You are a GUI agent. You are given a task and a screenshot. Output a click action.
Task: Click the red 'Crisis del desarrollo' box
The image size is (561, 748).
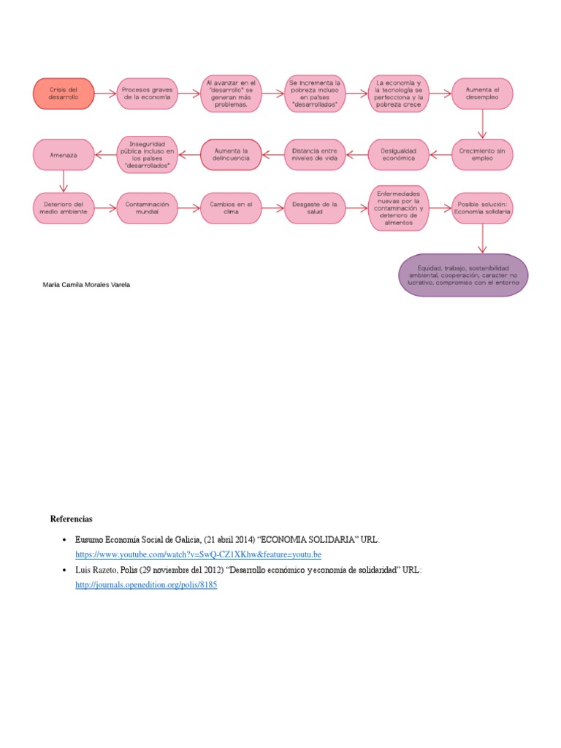click(64, 93)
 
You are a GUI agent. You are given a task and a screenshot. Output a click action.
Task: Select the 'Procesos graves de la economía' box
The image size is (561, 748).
click(147, 93)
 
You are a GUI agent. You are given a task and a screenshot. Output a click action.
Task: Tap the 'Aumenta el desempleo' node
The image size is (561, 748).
click(482, 93)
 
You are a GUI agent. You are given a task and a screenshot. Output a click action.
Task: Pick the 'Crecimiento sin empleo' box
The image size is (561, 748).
click(482, 154)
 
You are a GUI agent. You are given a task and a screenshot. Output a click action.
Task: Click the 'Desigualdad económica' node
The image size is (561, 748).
click(398, 154)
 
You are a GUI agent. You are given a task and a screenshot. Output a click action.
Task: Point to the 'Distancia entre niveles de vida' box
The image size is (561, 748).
click(314, 154)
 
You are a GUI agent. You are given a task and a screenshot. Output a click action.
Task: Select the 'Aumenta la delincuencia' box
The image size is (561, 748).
click(231, 154)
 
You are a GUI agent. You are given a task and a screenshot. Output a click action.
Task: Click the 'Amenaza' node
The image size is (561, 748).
click(64, 154)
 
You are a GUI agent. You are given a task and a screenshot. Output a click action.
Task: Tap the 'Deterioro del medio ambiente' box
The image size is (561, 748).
click(64, 208)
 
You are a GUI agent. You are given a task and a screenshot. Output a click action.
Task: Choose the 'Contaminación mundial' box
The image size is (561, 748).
click(147, 208)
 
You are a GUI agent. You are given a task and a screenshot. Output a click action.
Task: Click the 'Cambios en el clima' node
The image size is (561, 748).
click(231, 208)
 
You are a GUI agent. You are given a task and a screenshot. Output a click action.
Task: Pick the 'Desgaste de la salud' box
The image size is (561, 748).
click(314, 208)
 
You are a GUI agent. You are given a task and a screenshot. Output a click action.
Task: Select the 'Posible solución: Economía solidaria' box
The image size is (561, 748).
click(482, 208)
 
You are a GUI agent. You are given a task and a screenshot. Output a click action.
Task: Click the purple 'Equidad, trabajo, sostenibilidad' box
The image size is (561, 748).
click(464, 275)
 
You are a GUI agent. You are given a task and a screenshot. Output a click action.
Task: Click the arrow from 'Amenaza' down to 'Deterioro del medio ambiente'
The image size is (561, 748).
click(64, 180)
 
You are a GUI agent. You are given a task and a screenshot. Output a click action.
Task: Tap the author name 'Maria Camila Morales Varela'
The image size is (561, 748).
click(87, 284)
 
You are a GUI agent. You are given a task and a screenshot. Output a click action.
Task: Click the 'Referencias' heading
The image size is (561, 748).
click(72, 519)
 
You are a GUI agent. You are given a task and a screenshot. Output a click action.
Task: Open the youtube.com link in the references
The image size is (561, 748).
click(198, 555)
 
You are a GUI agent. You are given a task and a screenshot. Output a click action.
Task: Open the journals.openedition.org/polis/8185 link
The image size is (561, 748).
click(146, 585)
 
